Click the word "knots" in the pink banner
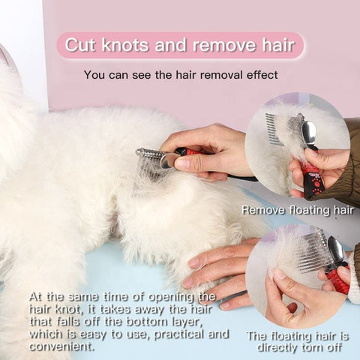coord(125,45)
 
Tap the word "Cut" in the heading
coord(80,45)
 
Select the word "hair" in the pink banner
coord(278,45)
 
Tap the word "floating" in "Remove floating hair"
coord(310,211)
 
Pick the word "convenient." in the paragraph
coord(62,346)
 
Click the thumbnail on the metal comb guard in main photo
coord(182,164)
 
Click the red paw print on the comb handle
coord(317,185)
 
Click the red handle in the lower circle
coord(338,280)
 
